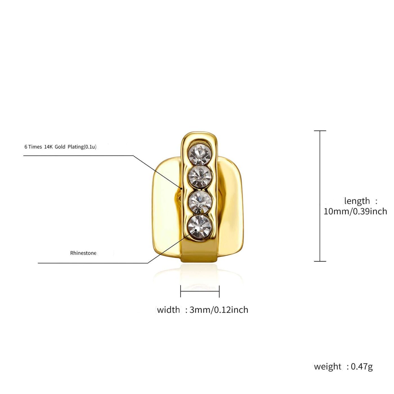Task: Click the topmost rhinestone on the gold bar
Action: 200,154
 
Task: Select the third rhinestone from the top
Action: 200,202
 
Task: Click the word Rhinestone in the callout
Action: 83,253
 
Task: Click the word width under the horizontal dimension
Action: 168,310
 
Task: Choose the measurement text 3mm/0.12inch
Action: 219,310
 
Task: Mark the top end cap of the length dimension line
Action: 320,131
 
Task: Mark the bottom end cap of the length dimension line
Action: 320,261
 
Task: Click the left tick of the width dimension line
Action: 181,291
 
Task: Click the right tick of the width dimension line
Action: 219,291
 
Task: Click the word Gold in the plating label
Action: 60,147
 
